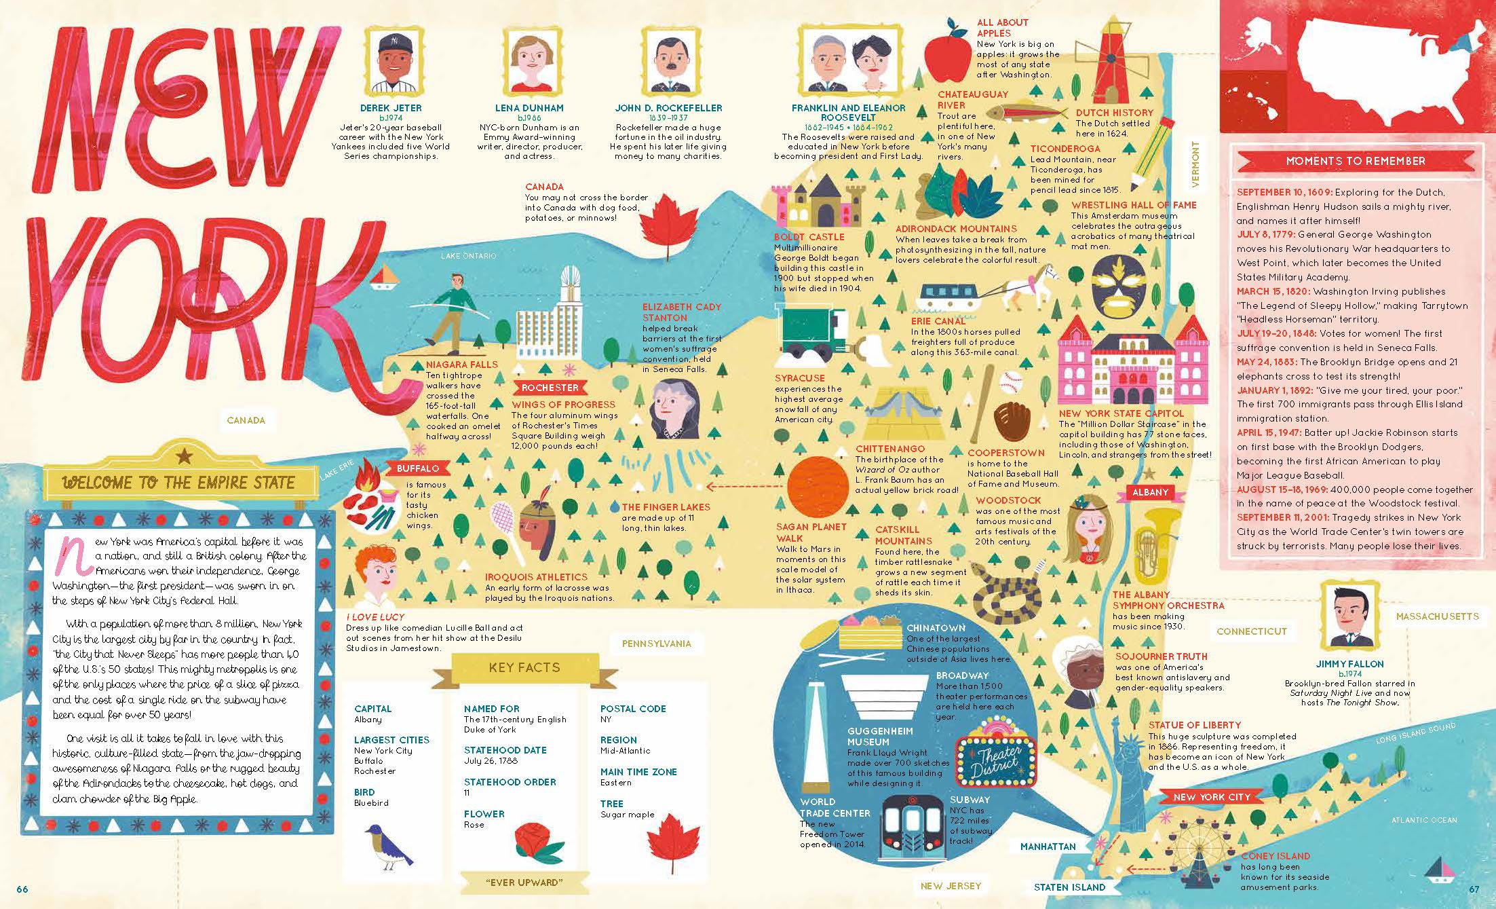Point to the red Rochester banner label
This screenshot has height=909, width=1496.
coord(550,388)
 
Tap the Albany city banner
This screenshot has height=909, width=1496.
coord(1150,492)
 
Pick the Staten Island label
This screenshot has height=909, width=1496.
coord(1069,887)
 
